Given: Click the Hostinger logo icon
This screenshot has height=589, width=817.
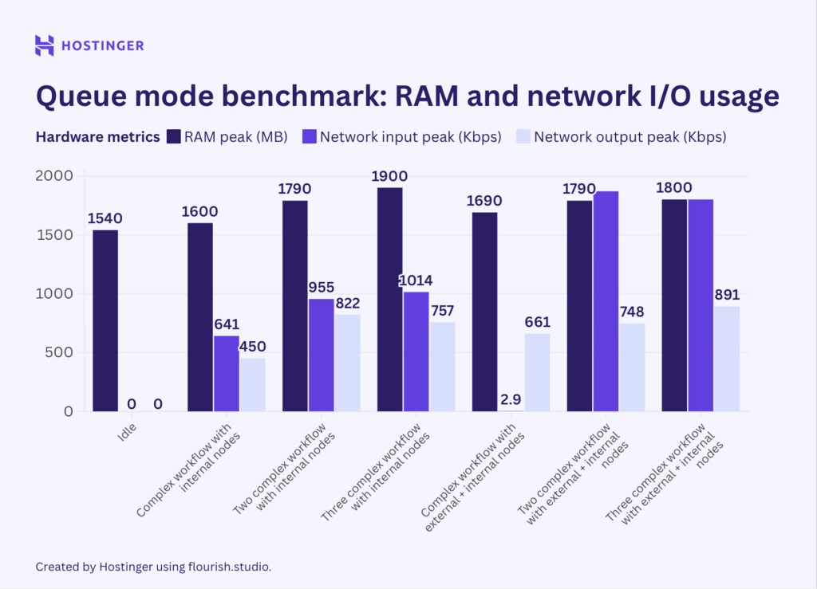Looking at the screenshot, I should click(45, 45).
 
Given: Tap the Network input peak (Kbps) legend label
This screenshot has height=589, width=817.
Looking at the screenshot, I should click(410, 136).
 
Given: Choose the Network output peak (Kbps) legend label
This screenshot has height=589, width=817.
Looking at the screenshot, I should click(630, 136).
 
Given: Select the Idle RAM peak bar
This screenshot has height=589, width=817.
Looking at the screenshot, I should click(105, 320).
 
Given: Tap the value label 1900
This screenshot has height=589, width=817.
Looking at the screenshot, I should click(390, 175).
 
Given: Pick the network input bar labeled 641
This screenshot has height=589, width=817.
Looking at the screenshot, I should click(226, 373).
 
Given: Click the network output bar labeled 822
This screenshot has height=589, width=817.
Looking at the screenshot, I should click(347, 363).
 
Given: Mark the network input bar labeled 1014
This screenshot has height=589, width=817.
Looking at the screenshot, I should click(416, 351).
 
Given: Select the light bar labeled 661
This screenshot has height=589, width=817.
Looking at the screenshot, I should click(537, 372).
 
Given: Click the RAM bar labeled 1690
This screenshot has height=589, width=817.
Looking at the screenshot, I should click(485, 312).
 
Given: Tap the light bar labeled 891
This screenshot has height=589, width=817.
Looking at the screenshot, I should click(727, 359).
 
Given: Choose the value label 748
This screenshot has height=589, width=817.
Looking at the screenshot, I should click(632, 311).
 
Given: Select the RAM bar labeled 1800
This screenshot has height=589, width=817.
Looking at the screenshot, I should click(675, 305).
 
